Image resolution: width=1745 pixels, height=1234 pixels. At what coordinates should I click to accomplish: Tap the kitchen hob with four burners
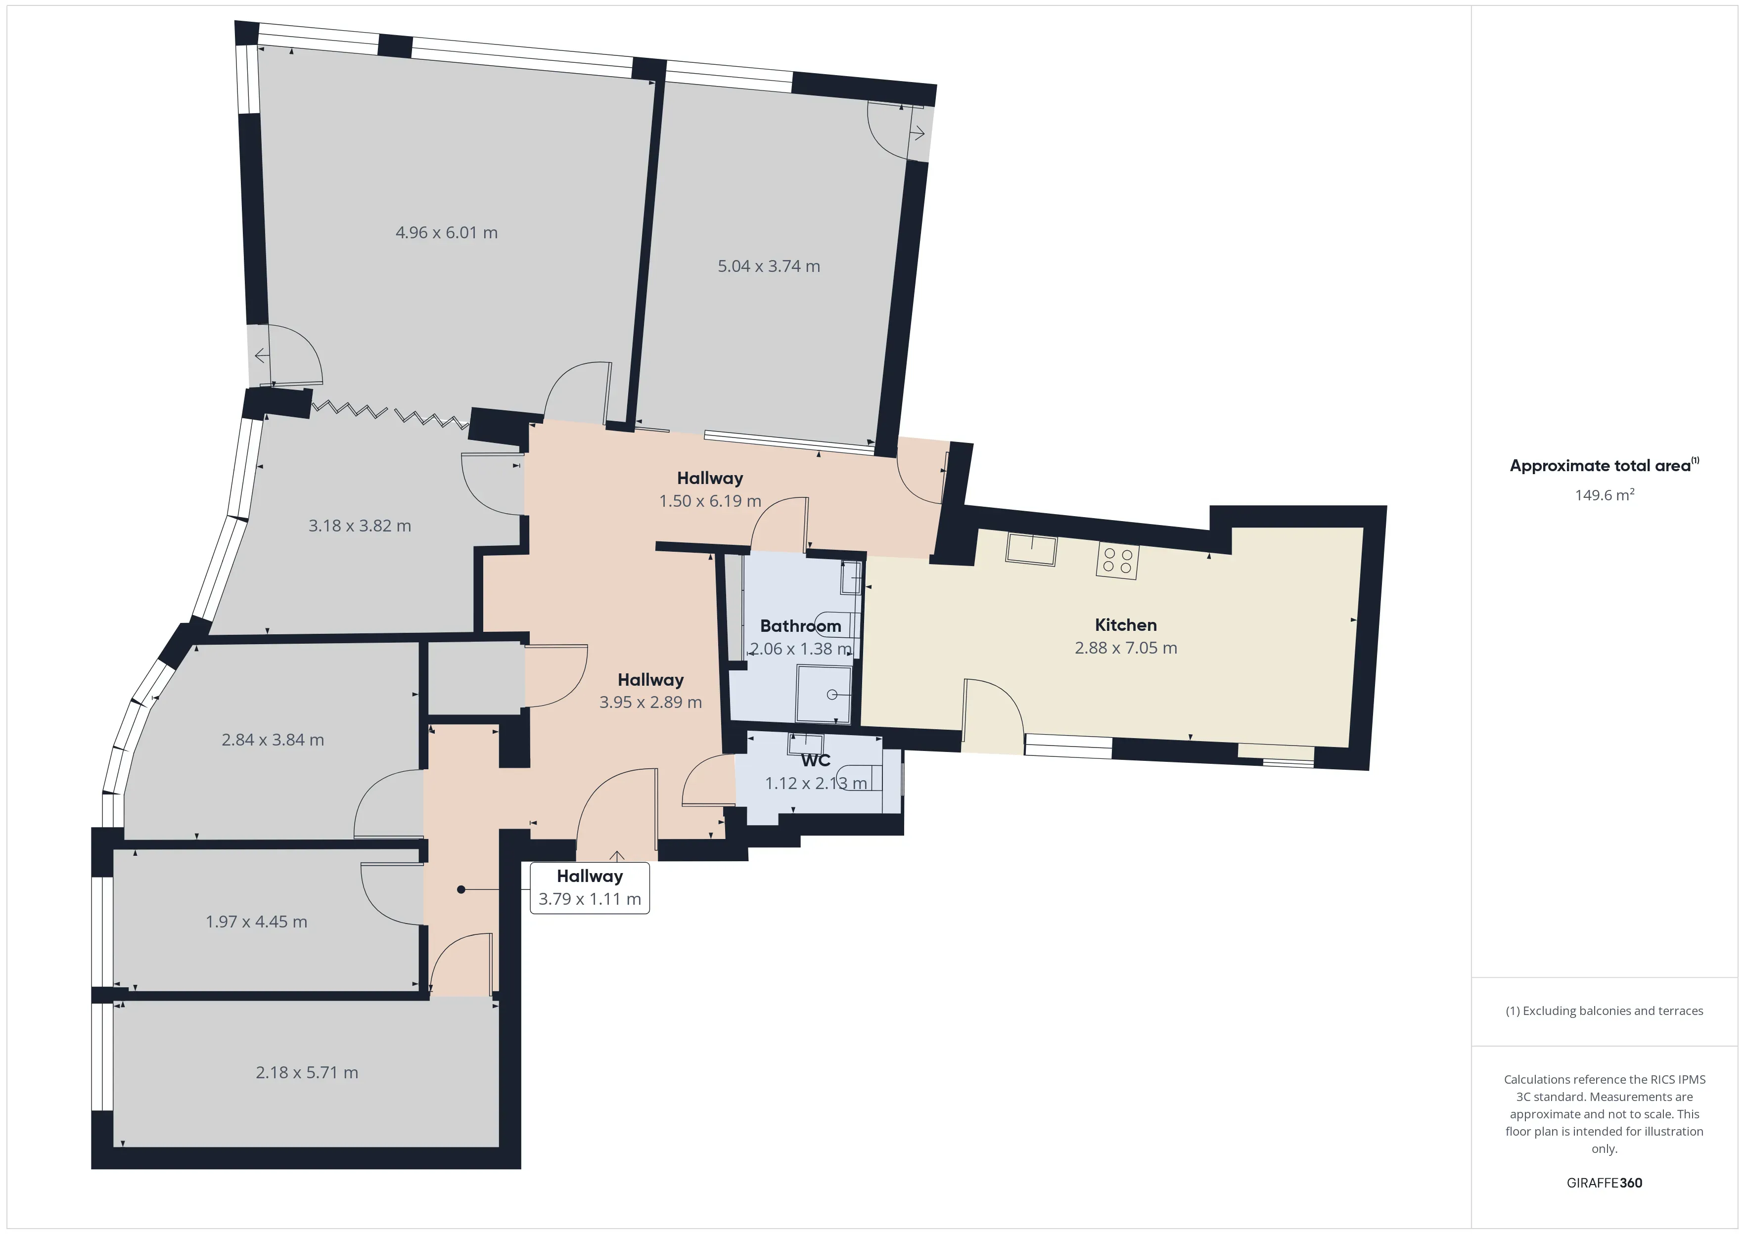click(1117, 561)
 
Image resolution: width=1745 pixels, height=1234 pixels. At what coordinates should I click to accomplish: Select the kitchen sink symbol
click(1031, 549)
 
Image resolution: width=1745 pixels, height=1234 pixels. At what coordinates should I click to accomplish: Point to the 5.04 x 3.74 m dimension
click(768, 266)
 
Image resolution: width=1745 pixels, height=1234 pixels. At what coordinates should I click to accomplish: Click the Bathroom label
click(800, 626)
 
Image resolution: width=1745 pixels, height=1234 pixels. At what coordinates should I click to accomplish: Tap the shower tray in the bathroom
click(824, 694)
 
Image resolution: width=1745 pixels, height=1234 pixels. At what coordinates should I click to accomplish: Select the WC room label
click(816, 760)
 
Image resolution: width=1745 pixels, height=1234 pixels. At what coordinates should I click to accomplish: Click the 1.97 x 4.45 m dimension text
click(256, 922)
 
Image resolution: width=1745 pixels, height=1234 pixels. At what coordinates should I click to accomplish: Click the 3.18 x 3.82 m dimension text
click(360, 526)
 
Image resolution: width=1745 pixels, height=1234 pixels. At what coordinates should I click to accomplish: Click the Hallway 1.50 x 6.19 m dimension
click(710, 501)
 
